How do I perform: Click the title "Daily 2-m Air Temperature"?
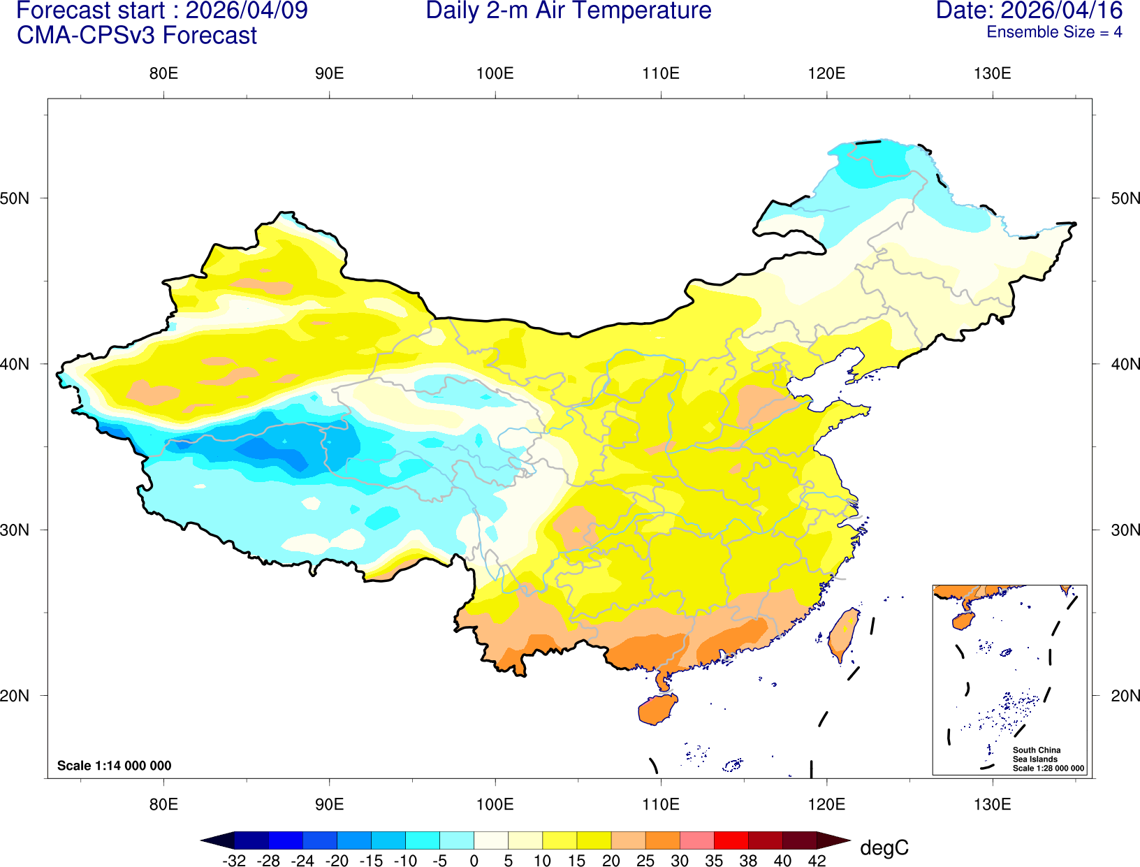[x=569, y=11]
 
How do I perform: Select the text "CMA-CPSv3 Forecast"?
[x=137, y=36]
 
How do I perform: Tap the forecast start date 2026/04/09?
[x=246, y=11]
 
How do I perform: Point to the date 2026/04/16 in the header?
[x=1061, y=11]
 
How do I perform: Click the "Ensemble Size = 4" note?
[x=1053, y=32]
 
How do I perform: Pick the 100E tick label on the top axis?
[x=495, y=74]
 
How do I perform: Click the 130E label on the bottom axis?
[x=992, y=804]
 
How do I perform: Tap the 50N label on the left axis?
[x=15, y=198]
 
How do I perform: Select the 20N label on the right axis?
[x=1125, y=696]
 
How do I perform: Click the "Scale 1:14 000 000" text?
[x=114, y=766]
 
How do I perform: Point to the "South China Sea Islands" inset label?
[x=1036, y=755]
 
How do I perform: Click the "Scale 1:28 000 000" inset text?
[x=1048, y=768]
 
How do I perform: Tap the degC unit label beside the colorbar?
[x=884, y=848]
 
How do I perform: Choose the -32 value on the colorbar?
[x=234, y=861]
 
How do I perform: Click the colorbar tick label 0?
[x=474, y=861]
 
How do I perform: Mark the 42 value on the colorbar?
[x=817, y=861]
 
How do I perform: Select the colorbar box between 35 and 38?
[x=731, y=840]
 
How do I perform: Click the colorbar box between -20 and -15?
[x=354, y=840]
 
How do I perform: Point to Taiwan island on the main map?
[x=843, y=634]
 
